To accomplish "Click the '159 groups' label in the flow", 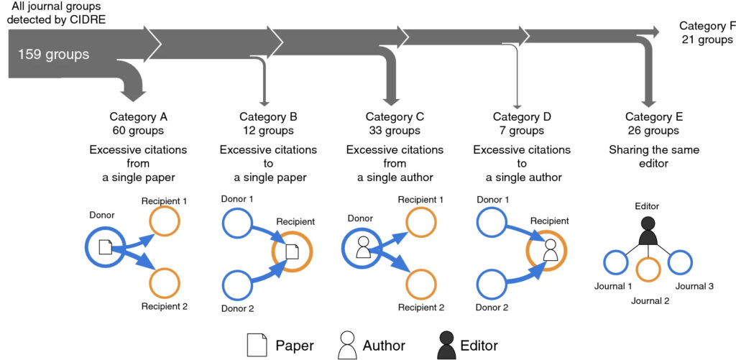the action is click(x=53, y=55).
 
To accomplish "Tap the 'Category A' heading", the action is click(x=139, y=116).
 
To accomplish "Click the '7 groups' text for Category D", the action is click(x=522, y=130).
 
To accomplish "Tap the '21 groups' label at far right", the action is click(x=707, y=40).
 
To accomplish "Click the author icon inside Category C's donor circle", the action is click(x=363, y=246).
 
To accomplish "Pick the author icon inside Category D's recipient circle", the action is click(x=549, y=249).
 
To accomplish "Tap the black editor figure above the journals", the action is click(x=648, y=231).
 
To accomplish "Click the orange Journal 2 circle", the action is click(x=648, y=270).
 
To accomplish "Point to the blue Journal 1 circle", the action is click(x=616, y=262).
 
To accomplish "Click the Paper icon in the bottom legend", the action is click(x=257, y=345).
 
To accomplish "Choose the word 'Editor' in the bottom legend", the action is click(x=479, y=346).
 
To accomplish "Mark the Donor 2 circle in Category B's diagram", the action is click(x=237, y=285).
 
